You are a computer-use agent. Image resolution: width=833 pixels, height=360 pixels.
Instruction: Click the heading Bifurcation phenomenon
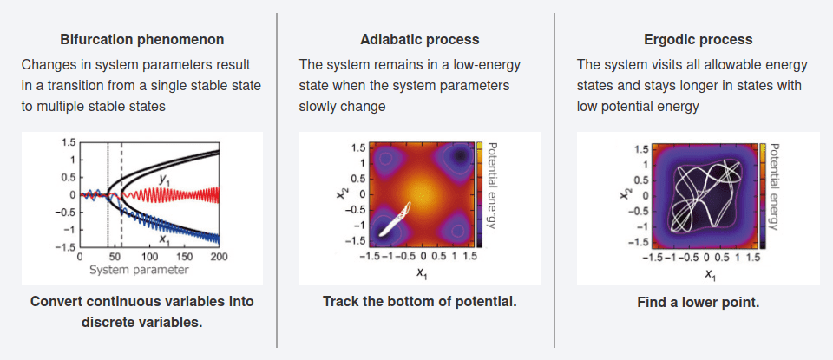(x=142, y=40)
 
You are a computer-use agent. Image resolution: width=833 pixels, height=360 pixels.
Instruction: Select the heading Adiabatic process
(x=419, y=40)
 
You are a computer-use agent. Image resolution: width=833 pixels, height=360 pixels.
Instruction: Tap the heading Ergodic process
(x=698, y=40)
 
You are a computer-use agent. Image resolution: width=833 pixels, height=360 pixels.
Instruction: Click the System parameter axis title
(x=139, y=270)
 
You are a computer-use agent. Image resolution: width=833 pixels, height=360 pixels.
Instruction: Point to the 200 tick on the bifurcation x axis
(x=219, y=258)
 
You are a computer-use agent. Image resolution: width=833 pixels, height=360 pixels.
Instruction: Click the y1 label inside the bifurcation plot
(x=162, y=180)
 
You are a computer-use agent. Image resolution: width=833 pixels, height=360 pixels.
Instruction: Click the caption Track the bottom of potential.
(x=419, y=302)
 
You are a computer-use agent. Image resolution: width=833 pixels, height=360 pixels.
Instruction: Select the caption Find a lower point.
(x=698, y=303)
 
